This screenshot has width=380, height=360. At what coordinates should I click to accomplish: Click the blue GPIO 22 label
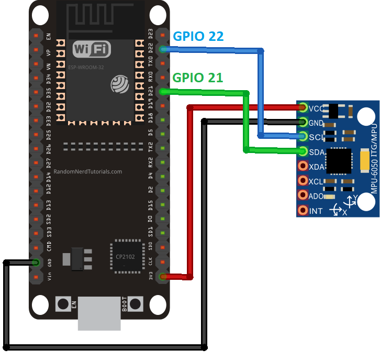[x=198, y=36]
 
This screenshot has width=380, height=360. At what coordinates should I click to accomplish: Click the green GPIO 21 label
[x=198, y=78]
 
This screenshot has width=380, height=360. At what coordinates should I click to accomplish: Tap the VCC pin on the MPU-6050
[x=303, y=108]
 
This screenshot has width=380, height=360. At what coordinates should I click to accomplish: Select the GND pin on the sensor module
[x=303, y=123]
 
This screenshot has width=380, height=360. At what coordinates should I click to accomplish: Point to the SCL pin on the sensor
[x=303, y=137]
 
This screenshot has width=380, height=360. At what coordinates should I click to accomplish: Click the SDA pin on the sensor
[x=303, y=151]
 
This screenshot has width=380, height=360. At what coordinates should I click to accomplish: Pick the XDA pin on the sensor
[x=303, y=167]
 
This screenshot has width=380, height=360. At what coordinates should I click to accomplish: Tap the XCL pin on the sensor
[x=303, y=181]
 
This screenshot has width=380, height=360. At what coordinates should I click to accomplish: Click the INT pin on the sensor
[x=303, y=211]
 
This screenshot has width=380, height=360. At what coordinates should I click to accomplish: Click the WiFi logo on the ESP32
[x=92, y=50]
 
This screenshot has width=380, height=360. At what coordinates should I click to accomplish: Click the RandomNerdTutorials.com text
[x=88, y=171]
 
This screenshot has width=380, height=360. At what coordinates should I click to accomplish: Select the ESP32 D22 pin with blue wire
[x=163, y=49]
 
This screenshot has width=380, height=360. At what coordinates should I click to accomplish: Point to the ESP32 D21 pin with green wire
[x=163, y=92]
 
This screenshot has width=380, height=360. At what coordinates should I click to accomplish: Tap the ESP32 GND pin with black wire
[x=36, y=262]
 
